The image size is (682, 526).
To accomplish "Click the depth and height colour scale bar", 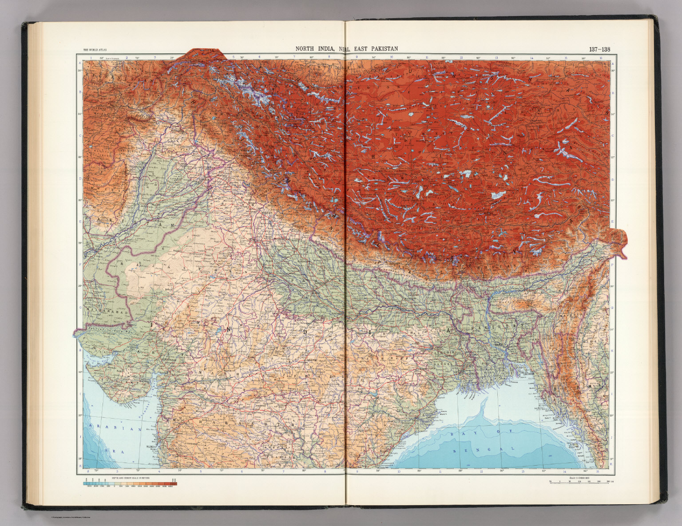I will point(130,483).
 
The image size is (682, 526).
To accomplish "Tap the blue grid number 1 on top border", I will point(91,57).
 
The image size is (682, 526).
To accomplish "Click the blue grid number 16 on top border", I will point(600,57).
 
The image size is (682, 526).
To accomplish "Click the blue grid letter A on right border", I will point(613,64).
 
